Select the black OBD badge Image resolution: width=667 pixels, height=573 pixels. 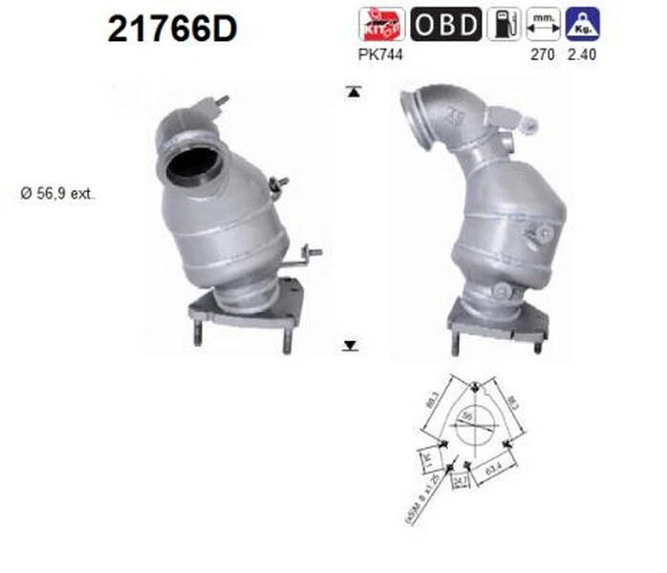click(446, 24)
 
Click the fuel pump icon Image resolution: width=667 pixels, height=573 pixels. click(504, 24)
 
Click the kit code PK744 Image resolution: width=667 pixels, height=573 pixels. click(380, 54)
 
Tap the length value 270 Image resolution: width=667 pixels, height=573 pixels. click(543, 54)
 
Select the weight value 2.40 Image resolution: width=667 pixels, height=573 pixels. click(581, 54)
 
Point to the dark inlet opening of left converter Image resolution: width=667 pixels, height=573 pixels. click(195, 168)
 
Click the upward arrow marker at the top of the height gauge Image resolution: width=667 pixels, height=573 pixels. click(353, 92)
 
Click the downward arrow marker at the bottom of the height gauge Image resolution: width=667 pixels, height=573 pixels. click(353, 345)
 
